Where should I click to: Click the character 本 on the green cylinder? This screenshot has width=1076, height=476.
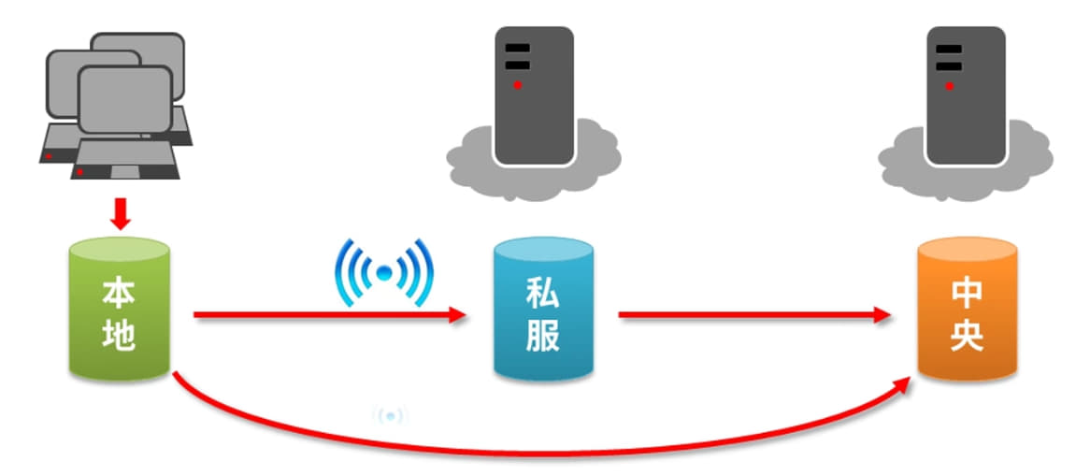119,292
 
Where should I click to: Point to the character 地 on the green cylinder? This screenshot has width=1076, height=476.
119,335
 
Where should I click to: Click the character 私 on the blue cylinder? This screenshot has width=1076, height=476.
543,292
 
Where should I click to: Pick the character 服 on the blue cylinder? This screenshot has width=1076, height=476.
543,337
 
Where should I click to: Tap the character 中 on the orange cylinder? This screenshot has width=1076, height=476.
967,294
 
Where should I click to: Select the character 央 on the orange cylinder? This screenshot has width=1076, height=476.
967,337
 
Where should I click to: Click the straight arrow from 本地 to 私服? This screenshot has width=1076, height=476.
327,316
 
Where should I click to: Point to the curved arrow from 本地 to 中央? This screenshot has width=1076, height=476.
542,451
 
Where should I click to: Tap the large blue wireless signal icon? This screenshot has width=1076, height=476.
383,272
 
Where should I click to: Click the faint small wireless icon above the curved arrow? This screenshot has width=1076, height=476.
390,415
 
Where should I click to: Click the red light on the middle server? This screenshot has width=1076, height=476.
516,85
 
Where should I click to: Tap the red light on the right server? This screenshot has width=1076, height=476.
948,85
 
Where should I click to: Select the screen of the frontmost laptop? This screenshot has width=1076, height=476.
125,100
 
